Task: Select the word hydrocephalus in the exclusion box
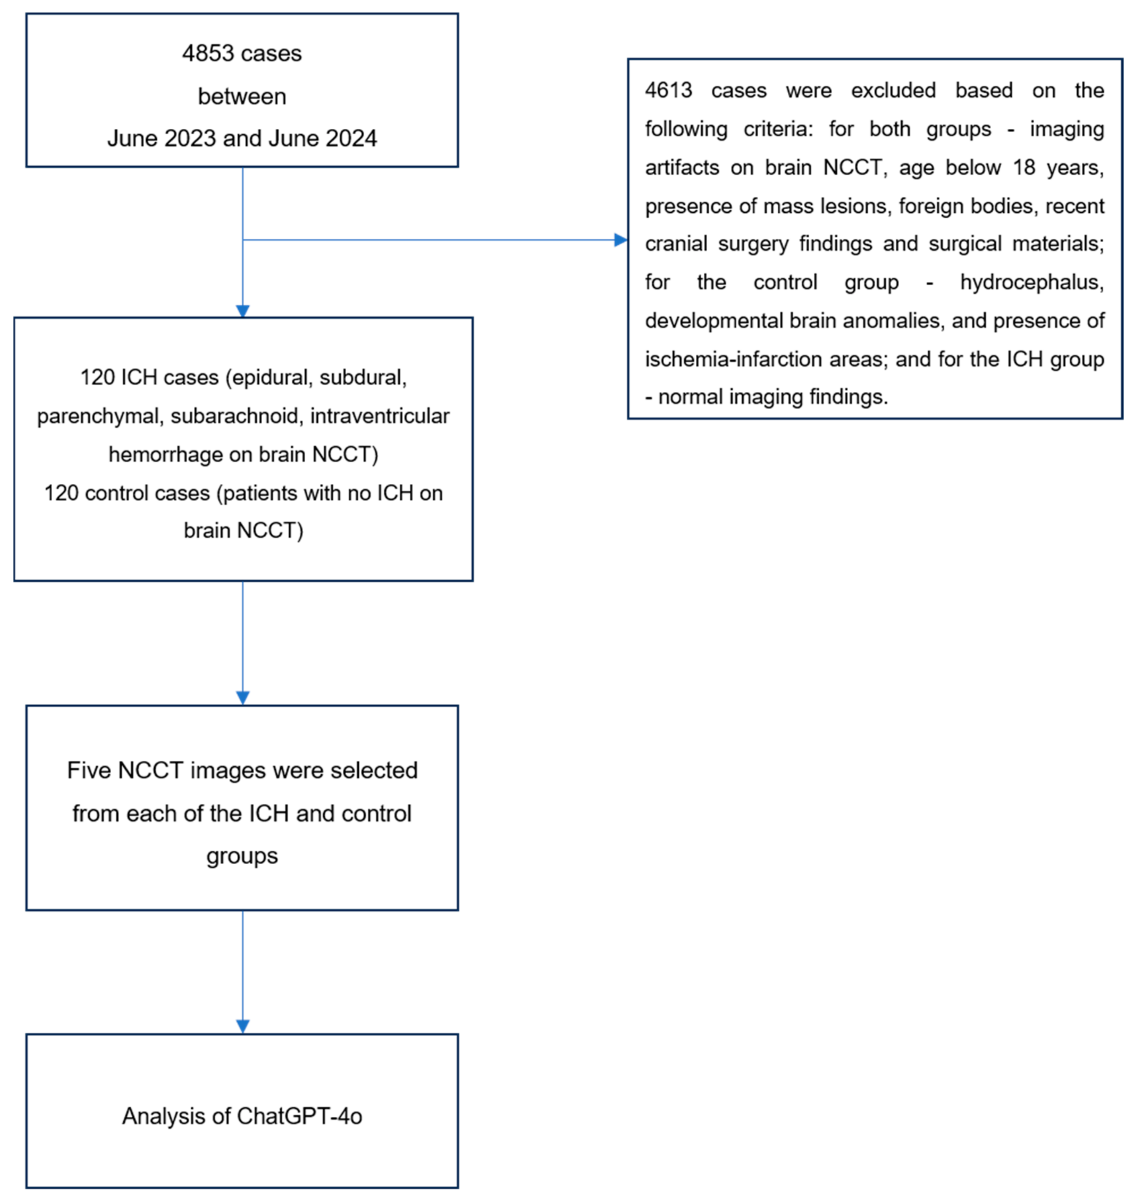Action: coord(1031,282)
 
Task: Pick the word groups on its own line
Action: coord(242,856)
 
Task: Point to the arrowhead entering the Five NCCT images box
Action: coord(243,697)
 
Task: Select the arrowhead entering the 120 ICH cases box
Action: coord(243,311)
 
